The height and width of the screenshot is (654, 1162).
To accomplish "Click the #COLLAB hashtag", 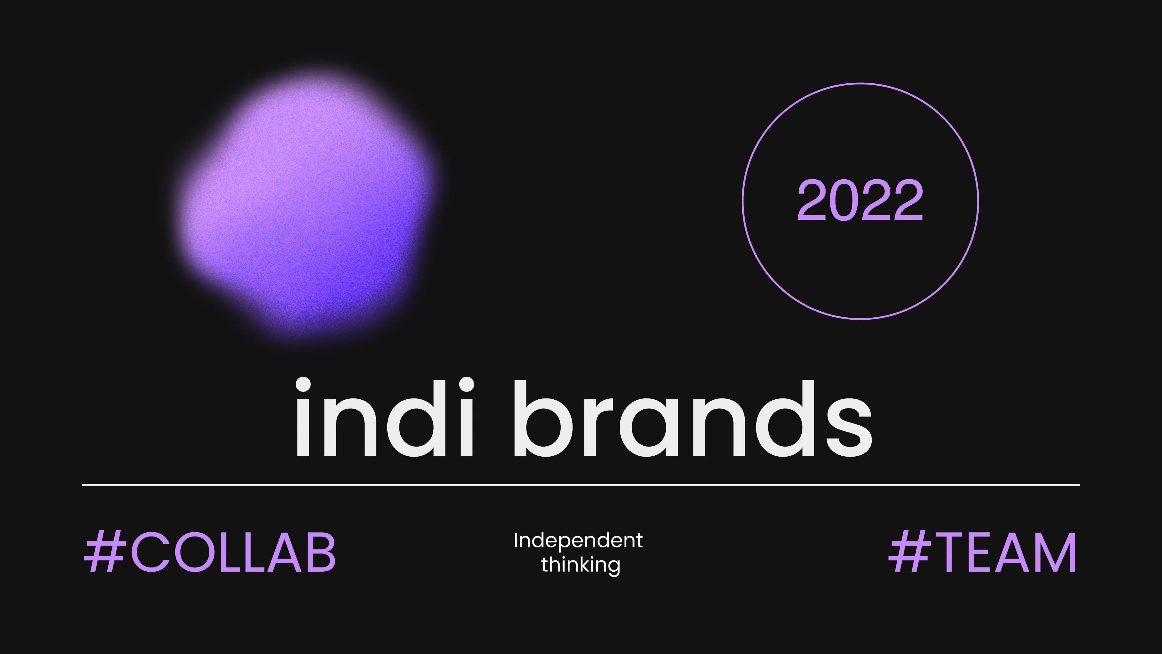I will (x=210, y=552).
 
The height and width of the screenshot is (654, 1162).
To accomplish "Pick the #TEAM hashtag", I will (x=983, y=552).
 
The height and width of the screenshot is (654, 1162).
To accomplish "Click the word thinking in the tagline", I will (x=581, y=565).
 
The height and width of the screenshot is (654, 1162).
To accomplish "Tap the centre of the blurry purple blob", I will (x=307, y=208).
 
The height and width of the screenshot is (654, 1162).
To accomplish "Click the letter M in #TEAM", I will (x=1055, y=552).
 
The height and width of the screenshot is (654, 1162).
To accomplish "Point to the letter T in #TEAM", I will (x=948, y=552).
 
